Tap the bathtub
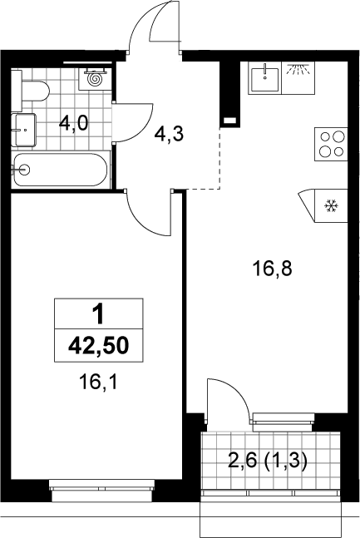(60, 170)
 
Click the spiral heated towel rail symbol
(95, 79)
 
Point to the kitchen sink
(264, 78)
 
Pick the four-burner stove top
(331, 144)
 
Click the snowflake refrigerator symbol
(332, 206)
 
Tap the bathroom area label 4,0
(74, 123)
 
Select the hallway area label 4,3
(169, 134)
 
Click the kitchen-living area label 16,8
(272, 269)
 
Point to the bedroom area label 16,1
(98, 382)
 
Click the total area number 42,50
(98, 345)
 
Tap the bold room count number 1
(98, 314)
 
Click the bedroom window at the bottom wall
(102, 489)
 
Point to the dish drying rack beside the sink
(298, 78)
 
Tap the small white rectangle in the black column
(229, 121)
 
